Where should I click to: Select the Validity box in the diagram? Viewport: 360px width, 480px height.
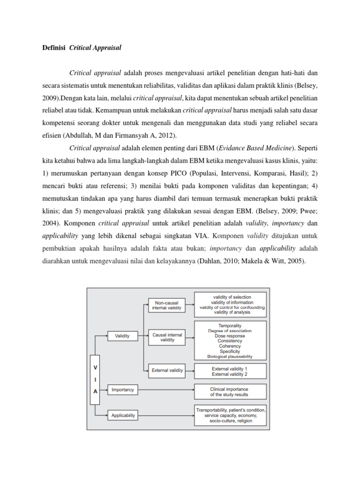122,336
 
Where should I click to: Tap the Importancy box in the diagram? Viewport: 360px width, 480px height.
123,389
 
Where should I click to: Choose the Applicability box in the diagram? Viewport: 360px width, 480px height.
123,415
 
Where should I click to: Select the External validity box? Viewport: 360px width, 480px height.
166,370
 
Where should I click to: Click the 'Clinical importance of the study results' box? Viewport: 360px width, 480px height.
229,391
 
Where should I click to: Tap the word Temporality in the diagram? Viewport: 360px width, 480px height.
230,325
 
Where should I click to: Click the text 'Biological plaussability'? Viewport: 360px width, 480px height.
230,356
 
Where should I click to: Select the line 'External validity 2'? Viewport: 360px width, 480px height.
230,374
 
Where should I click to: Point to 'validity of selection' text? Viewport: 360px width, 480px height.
232,297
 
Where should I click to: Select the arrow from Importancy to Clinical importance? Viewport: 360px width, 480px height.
166,389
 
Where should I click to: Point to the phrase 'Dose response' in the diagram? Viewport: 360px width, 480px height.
230,336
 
